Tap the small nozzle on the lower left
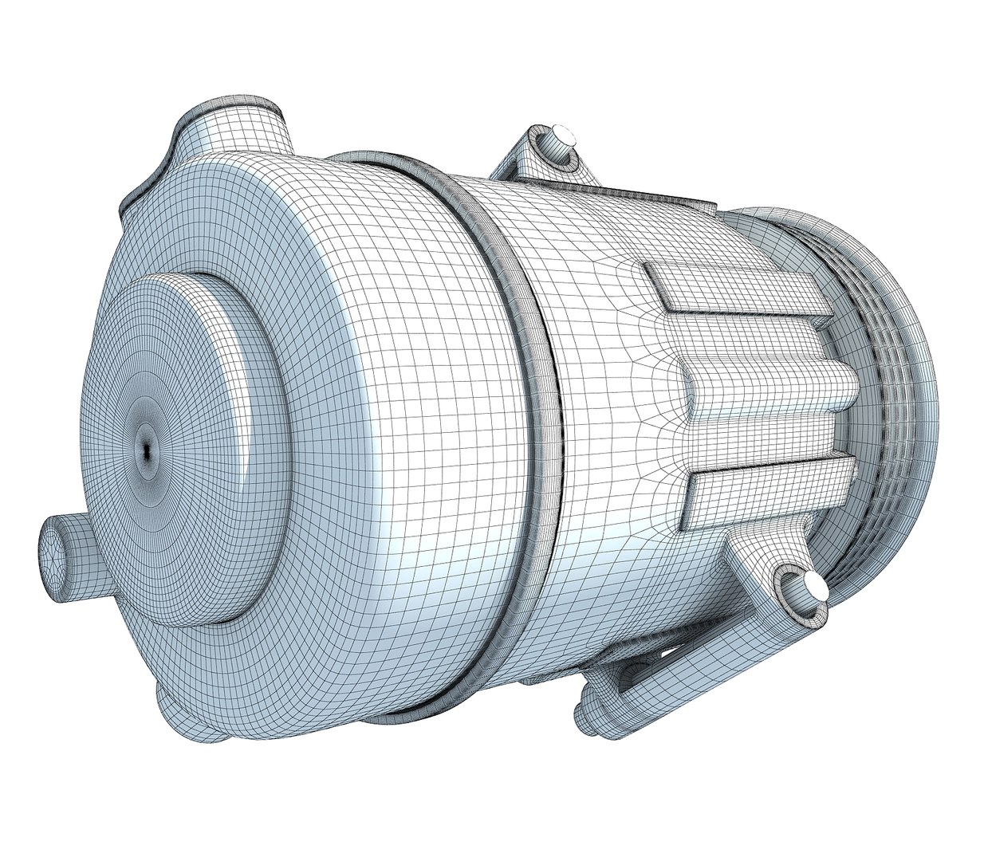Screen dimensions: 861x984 pyautogui.click(x=68, y=551)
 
